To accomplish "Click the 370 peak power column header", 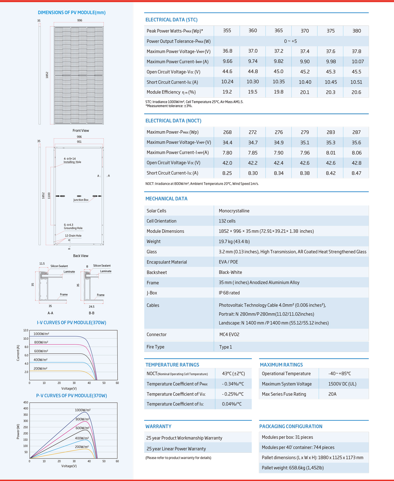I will pyautogui.click(x=305, y=31).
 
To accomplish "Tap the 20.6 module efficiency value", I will pyautogui.click(x=356, y=92).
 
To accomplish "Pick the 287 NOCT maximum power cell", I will pyautogui.click(x=356, y=132).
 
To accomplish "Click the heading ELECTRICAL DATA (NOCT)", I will pyautogui.click(x=173, y=121).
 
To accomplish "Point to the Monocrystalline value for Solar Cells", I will pyautogui.click(x=234, y=211).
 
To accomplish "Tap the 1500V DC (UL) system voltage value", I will pyautogui.click(x=342, y=384).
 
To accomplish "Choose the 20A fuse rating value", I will pyautogui.click(x=332, y=394).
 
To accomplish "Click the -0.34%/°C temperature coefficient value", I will pyautogui.click(x=233, y=384).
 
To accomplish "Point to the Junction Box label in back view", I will pyautogui.click(x=81, y=200).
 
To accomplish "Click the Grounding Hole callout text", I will pyautogui.click(x=73, y=228).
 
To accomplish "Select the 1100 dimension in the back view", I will pyautogui.click(x=49, y=195).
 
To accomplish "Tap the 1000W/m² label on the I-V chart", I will pyautogui.click(x=41, y=334).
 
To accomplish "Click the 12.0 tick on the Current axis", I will pyautogui.click(x=26, y=330).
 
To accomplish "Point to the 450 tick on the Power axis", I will pyautogui.click(x=26, y=403).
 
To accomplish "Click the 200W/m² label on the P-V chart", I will pyautogui.click(x=82, y=447).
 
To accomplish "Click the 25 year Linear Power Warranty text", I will pyautogui.click(x=176, y=449).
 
